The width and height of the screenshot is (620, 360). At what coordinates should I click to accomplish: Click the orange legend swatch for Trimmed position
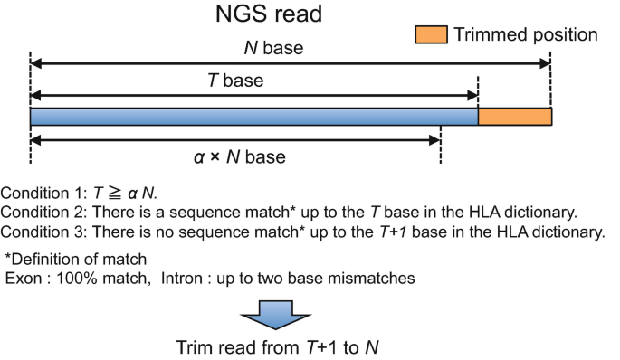[431, 34]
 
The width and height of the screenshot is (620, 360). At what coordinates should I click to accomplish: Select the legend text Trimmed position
[526, 34]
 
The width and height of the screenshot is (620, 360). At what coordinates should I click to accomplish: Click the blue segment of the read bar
[253, 117]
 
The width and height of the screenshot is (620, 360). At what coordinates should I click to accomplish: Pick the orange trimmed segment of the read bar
[514, 117]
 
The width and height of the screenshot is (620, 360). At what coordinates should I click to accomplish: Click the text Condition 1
[42, 194]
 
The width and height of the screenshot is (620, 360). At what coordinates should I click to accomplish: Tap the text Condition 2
[42, 213]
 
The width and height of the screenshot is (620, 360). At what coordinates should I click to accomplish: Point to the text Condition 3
[42, 232]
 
